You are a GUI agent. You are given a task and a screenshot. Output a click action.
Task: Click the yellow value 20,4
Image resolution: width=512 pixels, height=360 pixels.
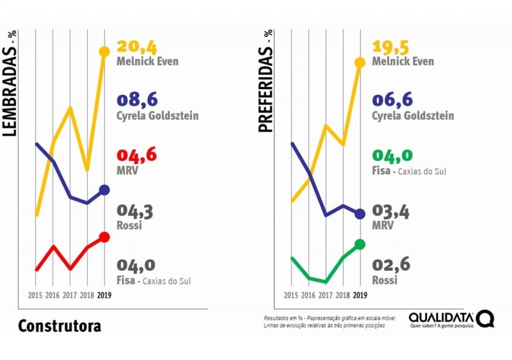pyautogui.click(x=136, y=47)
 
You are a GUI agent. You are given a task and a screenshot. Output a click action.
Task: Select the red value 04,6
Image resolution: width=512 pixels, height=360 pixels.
pyautogui.click(x=136, y=155)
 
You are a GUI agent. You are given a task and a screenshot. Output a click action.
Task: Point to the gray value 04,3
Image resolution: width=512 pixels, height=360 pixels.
pyautogui.click(x=135, y=210)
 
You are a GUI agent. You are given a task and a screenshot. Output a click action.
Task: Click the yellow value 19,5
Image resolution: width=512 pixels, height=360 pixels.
pyautogui.click(x=392, y=47)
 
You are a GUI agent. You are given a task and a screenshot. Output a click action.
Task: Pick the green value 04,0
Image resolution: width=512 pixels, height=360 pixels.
pyautogui.click(x=392, y=156)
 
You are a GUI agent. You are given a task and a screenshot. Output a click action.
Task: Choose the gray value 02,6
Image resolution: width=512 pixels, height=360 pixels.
pyautogui.click(x=391, y=265)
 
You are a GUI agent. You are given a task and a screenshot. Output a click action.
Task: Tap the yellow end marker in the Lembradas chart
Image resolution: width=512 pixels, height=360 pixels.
pyautogui.click(x=104, y=51)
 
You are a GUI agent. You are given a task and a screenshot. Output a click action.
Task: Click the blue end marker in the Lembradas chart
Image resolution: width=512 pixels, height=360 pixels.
pyautogui.click(x=104, y=190)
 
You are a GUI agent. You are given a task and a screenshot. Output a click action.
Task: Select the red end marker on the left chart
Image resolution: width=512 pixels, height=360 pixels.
pyautogui.click(x=104, y=237)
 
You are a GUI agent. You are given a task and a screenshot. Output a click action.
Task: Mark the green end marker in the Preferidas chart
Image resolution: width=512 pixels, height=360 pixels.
pyautogui.click(x=360, y=244)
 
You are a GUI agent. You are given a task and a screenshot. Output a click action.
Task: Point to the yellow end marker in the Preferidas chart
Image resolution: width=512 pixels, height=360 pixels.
pyautogui.click(x=360, y=62)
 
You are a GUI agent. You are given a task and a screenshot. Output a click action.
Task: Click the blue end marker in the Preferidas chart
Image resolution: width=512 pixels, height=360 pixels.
pyautogui.click(x=360, y=214)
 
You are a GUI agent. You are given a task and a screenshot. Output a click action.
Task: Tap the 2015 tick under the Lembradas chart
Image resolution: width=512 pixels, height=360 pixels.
pyautogui.click(x=36, y=295)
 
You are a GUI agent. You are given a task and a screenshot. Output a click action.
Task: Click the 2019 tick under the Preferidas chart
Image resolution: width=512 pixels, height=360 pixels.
pyautogui.click(x=360, y=295)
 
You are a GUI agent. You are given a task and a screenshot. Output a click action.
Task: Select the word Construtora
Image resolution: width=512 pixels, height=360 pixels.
pyautogui.click(x=59, y=326)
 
